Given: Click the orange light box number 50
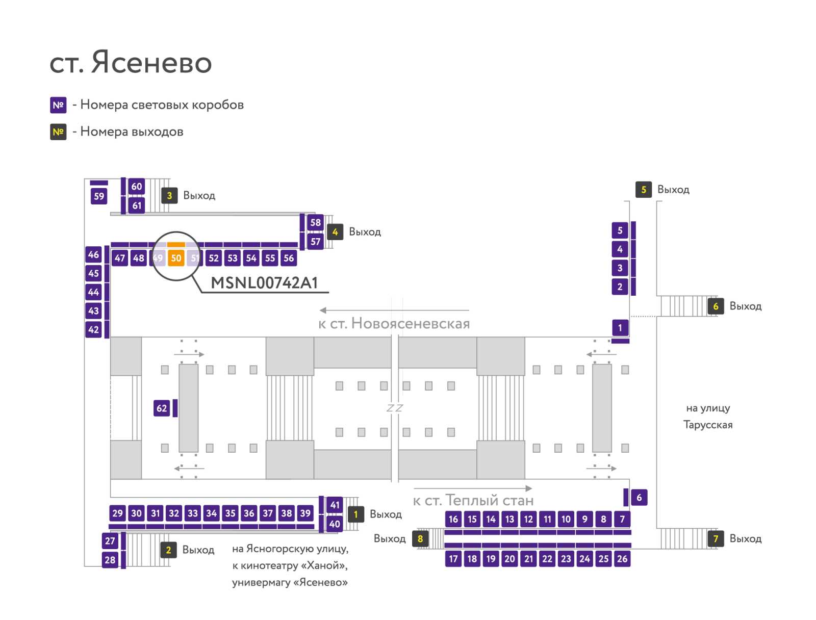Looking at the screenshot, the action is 176,258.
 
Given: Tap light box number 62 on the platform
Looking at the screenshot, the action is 161,408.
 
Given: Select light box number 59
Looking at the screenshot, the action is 99,196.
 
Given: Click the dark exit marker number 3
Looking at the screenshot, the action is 169,195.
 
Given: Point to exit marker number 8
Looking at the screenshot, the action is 420,538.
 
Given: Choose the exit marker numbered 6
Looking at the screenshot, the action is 716,306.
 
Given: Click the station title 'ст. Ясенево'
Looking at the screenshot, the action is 131,62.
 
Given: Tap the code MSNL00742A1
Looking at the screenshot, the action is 264,282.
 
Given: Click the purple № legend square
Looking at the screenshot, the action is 58,105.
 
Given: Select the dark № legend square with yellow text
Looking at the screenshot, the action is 58,132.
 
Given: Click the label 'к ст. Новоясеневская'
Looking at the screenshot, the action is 394,324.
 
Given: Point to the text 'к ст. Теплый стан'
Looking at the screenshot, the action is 473,500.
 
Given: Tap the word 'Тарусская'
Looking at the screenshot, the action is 708,425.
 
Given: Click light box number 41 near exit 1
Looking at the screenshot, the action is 335,505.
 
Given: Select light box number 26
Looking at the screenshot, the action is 622,559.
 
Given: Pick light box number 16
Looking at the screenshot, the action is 453,519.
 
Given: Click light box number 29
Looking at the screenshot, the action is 117,513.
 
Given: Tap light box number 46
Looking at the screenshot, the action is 93,254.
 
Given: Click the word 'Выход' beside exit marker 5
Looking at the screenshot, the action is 673,190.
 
